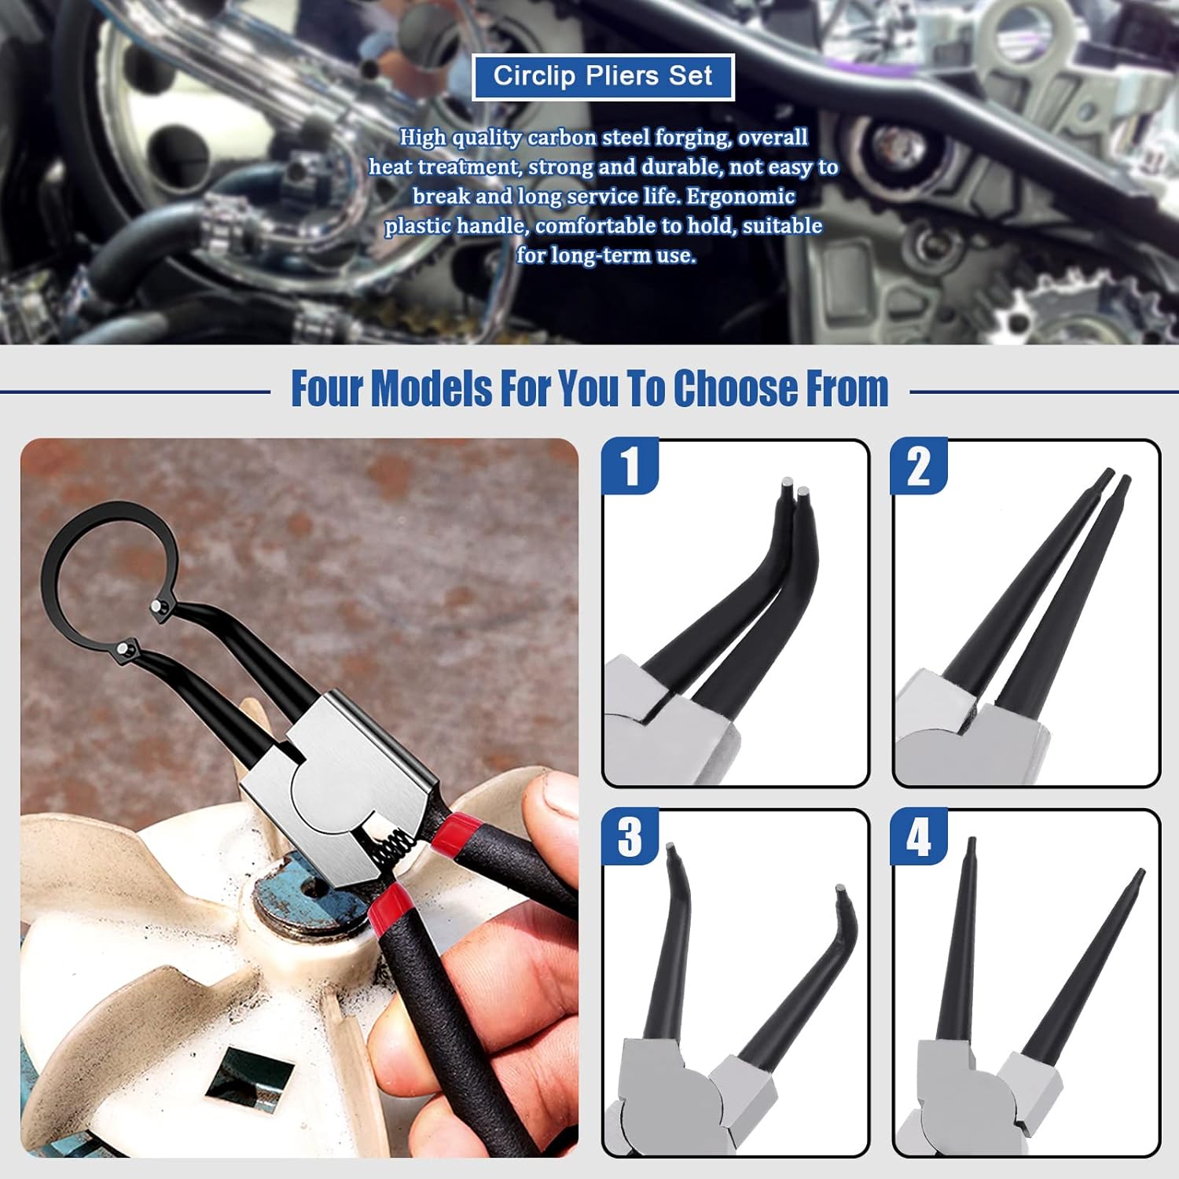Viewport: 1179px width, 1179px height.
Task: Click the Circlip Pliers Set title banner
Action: (603, 76)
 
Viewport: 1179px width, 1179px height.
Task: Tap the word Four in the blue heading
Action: (326, 388)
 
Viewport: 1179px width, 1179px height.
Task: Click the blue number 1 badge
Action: (630, 467)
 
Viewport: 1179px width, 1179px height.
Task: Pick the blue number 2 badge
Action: (918, 467)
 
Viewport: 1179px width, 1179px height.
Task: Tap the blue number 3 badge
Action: (630, 837)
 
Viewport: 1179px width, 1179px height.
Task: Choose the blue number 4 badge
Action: (918, 837)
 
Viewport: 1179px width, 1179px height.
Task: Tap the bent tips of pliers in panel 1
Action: (794, 495)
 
